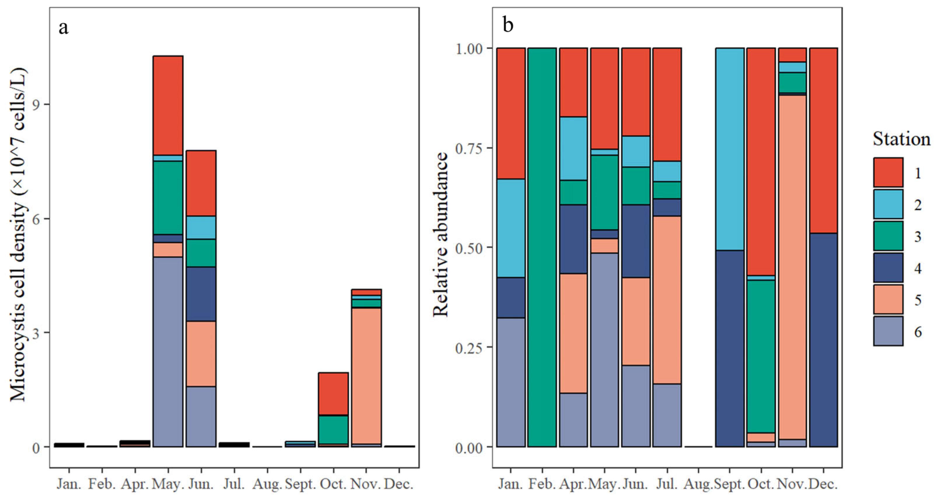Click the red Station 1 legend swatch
[888, 172]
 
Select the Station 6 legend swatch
[888, 331]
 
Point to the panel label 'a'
[64, 28]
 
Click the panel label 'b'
[508, 25]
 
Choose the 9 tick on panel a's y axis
[36, 104]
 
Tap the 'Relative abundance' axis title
[440, 235]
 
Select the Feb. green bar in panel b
[542, 247]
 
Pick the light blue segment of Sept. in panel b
[730, 149]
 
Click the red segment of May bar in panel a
[168, 106]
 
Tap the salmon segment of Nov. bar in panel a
[366, 376]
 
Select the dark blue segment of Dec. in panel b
[823, 340]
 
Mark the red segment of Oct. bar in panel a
[333, 394]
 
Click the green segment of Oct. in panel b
[761, 356]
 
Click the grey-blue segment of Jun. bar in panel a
[201, 416]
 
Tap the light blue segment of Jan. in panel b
[511, 228]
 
